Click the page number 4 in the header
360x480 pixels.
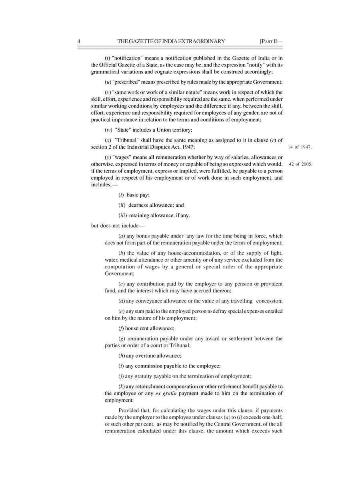click(x=79, y=41)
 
